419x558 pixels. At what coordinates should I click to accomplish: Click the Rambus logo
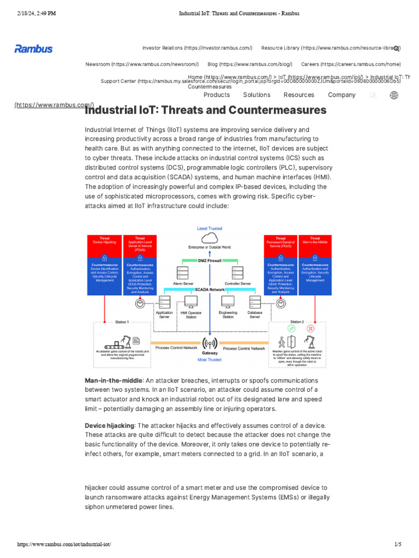pos(33,49)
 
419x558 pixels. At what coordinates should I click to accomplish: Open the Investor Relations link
pos(197,48)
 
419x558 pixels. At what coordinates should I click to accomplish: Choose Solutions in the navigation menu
pos(256,95)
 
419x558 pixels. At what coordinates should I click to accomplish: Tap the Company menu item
pos(342,95)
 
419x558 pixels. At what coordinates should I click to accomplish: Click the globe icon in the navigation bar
pos(394,95)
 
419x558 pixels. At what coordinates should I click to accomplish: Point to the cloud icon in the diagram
pos(209,238)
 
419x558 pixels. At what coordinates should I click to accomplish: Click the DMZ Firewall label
pos(209,261)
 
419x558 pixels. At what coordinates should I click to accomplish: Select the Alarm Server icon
pos(183,273)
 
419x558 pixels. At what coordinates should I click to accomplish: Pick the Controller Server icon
pos(237,273)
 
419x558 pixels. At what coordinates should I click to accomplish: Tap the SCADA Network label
pos(209,290)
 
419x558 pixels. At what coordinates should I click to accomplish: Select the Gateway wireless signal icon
pos(209,344)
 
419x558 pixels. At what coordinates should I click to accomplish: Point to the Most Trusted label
pos(209,360)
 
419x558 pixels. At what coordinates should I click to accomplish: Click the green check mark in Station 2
pos(291,329)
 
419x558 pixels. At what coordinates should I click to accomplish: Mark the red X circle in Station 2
pos(310,329)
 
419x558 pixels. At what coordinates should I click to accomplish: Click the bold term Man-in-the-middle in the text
pos(113,380)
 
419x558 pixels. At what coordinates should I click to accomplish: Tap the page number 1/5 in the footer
pos(397,544)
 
